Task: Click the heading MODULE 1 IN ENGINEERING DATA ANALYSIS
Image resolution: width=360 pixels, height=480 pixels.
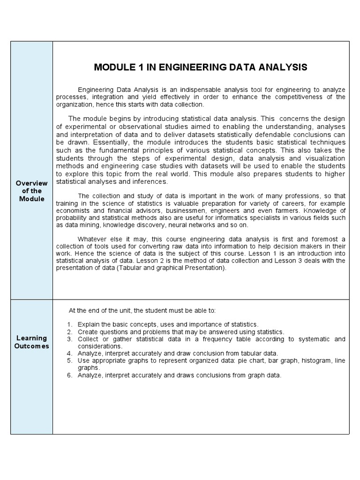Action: coord(201,67)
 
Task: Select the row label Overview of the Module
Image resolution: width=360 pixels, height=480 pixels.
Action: coord(32,191)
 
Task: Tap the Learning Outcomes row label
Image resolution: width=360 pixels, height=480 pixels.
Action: coord(32,342)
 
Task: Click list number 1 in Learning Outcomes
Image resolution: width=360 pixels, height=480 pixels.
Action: coord(69,324)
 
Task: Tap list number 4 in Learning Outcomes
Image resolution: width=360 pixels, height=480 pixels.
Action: coord(69,353)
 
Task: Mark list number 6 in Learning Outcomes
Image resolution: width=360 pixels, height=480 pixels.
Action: coord(69,375)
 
